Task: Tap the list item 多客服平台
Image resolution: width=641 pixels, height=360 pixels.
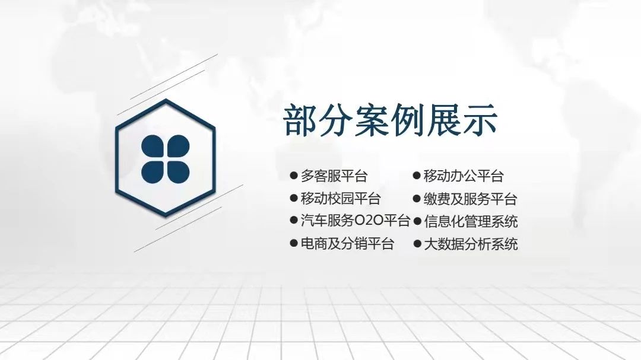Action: click(x=334, y=176)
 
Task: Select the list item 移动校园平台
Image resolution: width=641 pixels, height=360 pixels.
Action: click(x=341, y=199)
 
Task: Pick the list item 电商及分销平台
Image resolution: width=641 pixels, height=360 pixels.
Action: click(x=347, y=244)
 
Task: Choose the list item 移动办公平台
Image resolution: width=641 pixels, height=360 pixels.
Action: click(x=464, y=176)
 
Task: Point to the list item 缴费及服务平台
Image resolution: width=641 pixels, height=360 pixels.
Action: click(x=470, y=199)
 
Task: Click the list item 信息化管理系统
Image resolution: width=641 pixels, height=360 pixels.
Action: click(x=470, y=221)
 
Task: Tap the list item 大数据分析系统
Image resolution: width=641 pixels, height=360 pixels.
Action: click(x=470, y=244)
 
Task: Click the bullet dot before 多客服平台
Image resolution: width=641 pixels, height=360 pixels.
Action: click(x=293, y=176)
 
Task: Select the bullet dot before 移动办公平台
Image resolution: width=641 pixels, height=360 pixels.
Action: click(x=417, y=176)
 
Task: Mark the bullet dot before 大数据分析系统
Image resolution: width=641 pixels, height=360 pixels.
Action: click(x=417, y=243)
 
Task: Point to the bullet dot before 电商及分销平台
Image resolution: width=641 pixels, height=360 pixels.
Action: click(x=293, y=243)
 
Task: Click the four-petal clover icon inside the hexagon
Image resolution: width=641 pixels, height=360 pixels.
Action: click(x=166, y=158)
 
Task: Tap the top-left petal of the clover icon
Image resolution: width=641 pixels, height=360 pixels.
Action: click(x=153, y=146)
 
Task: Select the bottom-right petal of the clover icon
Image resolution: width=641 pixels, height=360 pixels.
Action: click(x=178, y=171)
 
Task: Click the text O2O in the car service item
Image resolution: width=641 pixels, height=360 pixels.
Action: click(x=369, y=221)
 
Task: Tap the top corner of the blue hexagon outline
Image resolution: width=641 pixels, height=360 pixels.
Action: click(x=166, y=100)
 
